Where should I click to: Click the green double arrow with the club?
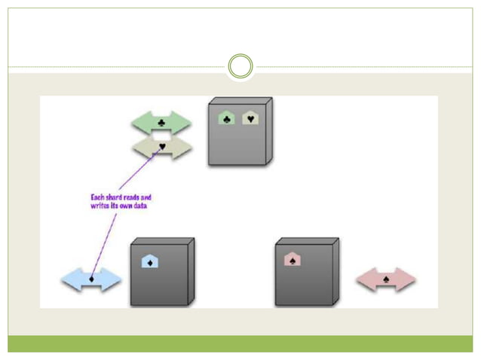161,121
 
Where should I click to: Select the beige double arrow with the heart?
161,147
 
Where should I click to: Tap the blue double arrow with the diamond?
91,281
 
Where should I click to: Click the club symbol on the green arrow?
161,121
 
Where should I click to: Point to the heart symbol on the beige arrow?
161,146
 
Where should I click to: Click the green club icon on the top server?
226,117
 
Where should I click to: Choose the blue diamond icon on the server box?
149,261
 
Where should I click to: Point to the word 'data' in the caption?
141,206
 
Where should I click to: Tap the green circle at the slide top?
240,66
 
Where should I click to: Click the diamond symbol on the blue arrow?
91,281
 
